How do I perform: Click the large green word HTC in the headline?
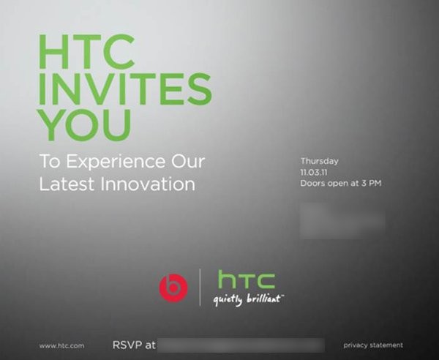[86, 53]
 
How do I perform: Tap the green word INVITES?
[124, 90]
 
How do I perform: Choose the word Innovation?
[151, 183]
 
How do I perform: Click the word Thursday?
[319, 161]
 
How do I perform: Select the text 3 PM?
[372, 184]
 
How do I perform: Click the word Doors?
[312, 184]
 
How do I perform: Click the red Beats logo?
[173, 288]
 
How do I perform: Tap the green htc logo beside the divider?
[247, 279]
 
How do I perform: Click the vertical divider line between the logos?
[200, 287]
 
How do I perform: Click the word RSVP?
[126, 345]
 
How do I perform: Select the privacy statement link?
[372, 345]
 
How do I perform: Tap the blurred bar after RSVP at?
[241, 345]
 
